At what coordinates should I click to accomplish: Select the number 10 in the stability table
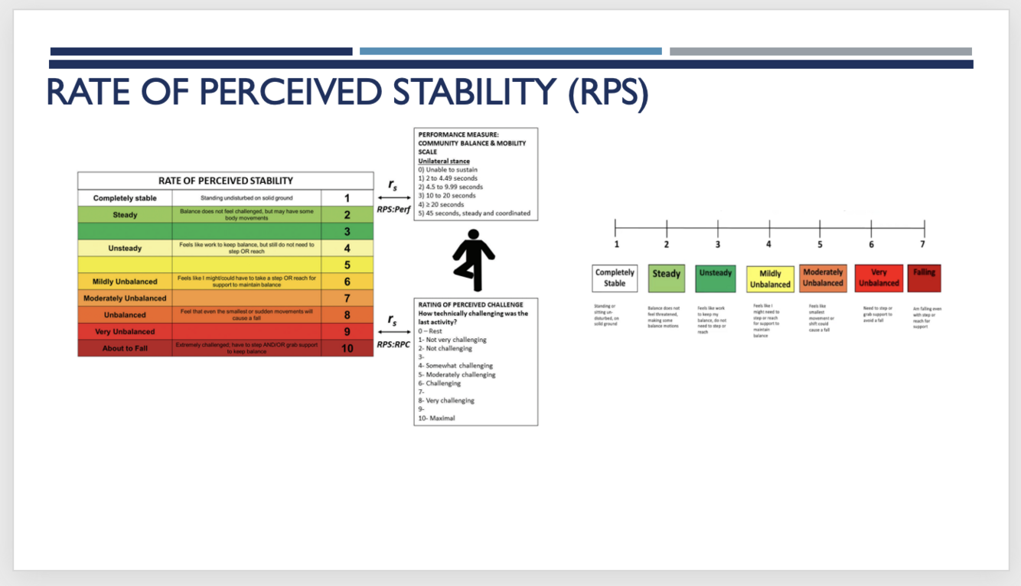pyautogui.click(x=347, y=348)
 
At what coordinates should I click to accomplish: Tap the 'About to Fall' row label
pyautogui.click(x=125, y=348)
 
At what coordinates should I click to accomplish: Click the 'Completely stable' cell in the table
pyautogui.click(x=125, y=198)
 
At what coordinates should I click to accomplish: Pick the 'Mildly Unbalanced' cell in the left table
pyautogui.click(x=125, y=282)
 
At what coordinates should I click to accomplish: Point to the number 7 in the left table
pyautogui.click(x=347, y=298)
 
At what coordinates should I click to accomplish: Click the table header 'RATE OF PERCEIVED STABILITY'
pyautogui.click(x=226, y=181)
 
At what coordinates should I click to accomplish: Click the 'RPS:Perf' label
pyautogui.click(x=393, y=210)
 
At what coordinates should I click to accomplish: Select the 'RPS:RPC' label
pyautogui.click(x=393, y=345)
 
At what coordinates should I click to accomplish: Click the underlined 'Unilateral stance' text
pyautogui.click(x=444, y=161)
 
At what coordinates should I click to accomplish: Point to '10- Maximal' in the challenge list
pyautogui.click(x=436, y=418)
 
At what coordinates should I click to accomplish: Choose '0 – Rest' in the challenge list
pyautogui.click(x=430, y=331)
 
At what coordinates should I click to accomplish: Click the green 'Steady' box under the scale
pyautogui.click(x=666, y=278)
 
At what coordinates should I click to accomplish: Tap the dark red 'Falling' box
pyautogui.click(x=924, y=278)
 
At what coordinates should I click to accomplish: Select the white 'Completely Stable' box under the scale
pyautogui.click(x=615, y=278)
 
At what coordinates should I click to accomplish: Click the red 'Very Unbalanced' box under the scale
pyautogui.click(x=878, y=278)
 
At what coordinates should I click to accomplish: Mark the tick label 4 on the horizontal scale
pyautogui.click(x=768, y=245)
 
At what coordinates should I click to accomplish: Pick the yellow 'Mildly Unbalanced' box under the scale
pyautogui.click(x=770, y=278)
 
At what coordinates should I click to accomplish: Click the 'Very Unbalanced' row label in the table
pyautogui.click(x=125, y=332)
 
